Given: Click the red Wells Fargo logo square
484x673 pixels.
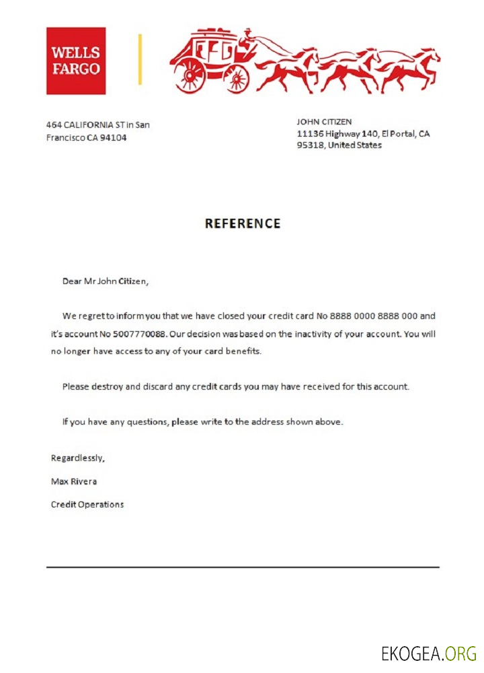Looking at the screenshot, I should (x=76, y=61).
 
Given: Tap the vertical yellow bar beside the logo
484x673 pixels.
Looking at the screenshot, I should (x=140, y=59).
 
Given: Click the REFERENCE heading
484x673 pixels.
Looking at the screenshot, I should (x=243, y=223).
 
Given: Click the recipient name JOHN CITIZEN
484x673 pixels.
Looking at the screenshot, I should (x=324, y=122).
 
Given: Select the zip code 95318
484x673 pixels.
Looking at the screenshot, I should (x=311, y=145).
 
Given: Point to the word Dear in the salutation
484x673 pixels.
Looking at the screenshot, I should (x=71, y=281).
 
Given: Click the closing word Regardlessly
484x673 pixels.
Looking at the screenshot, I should (x=78, y=458).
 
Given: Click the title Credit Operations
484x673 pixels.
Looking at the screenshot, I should (x=87, y=504).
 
